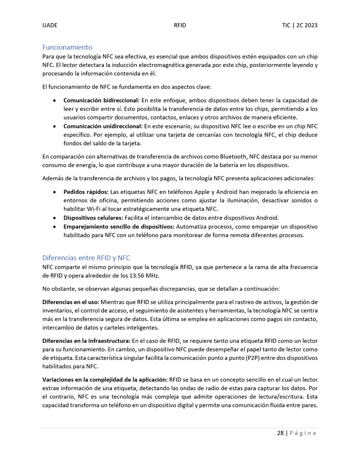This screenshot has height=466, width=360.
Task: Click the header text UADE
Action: [x=49, y=26]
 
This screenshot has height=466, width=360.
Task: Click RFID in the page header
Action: [x=180, y=26]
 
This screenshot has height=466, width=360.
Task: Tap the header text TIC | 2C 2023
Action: [x=300, y=26]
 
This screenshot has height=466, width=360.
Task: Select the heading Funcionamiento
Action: [x=67, y=47]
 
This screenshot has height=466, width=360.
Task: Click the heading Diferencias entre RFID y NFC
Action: [x=86, y=257]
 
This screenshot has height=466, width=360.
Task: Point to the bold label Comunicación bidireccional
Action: [x=101, y=101]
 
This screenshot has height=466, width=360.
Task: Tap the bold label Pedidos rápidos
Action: [x=86, y=192]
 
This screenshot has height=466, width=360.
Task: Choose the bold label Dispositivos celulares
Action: [x=93, y=218]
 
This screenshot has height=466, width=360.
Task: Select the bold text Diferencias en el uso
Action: [x=71, y=302]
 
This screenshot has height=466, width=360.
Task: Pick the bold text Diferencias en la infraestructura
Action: [x=86, y=341]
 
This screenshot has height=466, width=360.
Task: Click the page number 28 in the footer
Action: [x=280, y=433]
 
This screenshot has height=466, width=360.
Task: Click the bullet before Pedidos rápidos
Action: [x=54, y=193]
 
